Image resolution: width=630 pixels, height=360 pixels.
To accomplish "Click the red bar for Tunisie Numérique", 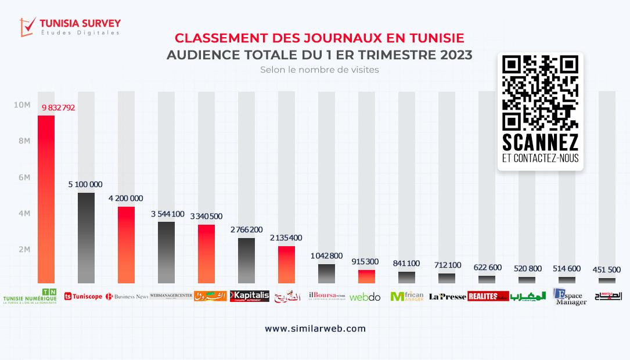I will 46,199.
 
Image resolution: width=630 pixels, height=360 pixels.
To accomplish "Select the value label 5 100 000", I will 85,184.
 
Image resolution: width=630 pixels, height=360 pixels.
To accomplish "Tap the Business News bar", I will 126,244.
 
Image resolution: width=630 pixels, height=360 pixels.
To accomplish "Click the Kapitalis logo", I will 250,296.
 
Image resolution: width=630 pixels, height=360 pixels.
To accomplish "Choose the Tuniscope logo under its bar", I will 83,296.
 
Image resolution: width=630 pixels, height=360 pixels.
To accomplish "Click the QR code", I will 540,93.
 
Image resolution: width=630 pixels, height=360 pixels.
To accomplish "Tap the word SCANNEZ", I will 540,142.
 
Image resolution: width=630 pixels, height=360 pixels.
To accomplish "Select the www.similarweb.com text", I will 315,328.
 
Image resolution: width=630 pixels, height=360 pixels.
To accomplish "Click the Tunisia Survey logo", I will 70,26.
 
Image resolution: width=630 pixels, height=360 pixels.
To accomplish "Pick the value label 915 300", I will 366,262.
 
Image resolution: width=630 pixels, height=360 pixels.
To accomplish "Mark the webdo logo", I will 365,297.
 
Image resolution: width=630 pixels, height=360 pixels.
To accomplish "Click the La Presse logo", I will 447,296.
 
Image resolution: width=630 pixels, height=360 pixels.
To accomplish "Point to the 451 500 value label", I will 607,269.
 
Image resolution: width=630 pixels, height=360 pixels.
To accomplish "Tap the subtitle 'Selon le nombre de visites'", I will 319,70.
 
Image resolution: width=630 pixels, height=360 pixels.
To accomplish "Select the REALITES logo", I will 488,296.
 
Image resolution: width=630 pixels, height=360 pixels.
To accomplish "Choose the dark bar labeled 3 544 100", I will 166,252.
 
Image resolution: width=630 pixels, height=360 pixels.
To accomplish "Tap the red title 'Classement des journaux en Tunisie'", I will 319,38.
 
